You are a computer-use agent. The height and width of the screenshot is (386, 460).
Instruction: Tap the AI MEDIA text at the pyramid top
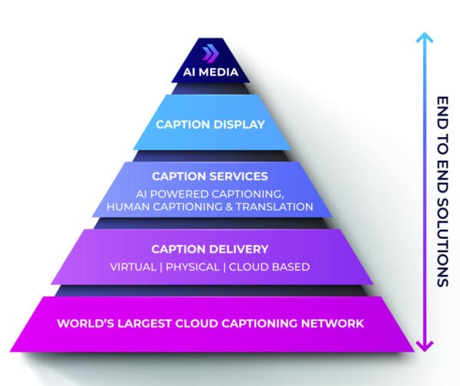click(210, 74)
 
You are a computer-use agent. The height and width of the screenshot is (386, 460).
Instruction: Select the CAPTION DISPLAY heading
click(210, 123)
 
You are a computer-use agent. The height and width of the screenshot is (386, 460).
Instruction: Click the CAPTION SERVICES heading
click(210, 176)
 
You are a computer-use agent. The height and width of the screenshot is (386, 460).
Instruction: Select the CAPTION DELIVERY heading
click(210, 249)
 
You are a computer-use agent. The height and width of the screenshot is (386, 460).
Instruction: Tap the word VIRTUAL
click(134, 267)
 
